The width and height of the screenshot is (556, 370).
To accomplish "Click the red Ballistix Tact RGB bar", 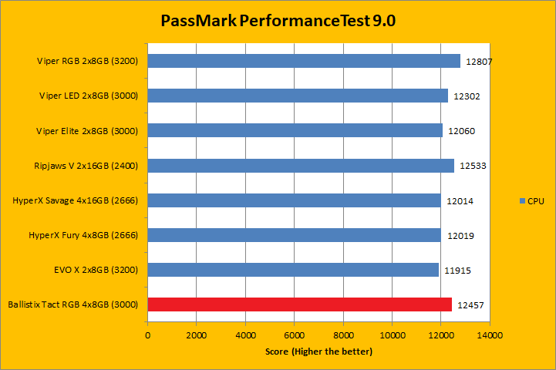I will [299, 304].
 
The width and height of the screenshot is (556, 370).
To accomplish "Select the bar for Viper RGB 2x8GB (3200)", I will [304, 61].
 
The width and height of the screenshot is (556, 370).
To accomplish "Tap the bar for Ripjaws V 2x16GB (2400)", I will [301, 165].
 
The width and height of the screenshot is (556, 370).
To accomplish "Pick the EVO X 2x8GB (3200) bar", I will [293, 270].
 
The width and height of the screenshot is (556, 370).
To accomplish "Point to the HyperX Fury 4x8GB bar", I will [294, 235].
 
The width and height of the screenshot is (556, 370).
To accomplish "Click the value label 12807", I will [480, 62].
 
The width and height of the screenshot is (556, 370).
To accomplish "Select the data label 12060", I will [461, 131].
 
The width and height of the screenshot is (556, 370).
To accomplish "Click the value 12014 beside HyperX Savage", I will [460, 201].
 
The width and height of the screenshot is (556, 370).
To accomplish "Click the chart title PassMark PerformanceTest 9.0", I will [278, 21].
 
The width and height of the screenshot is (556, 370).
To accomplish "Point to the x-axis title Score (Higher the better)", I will [318, 351].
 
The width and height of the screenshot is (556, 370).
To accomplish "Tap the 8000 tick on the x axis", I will [343, 336].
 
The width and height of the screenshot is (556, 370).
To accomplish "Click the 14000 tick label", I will [490, 336].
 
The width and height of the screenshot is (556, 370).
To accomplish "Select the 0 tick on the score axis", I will [147, 336].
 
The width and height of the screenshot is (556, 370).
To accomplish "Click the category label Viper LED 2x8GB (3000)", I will [89, 96].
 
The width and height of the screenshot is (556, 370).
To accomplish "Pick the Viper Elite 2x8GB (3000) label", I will [87, 130].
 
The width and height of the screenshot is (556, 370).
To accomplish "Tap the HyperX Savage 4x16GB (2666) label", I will [76, 200].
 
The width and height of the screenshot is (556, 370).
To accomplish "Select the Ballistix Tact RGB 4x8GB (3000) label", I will [73, 304].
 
